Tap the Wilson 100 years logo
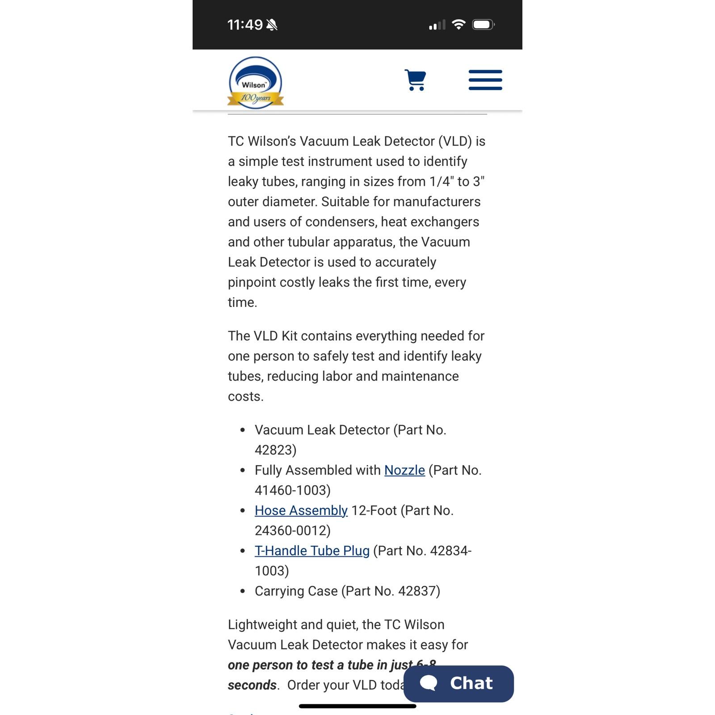click(x=255, y=83)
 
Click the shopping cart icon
click(x=415, y=80)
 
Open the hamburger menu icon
click(x=485, y=80)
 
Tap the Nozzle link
click(x=404, y=470)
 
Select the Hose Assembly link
click(x=301, y=510)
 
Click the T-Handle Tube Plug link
click(x=312, y=551)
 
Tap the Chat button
click(x=458, y=683)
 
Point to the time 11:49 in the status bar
click(x=245, y=25)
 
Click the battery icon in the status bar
click(x=483, y=25)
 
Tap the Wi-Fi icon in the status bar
click(x=458, y=25)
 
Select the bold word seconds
click(x=252, y=685)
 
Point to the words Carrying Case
click(x=296, y=591)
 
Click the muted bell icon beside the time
click(x=272, y=25)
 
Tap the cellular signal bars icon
click(x=437, y=25)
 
